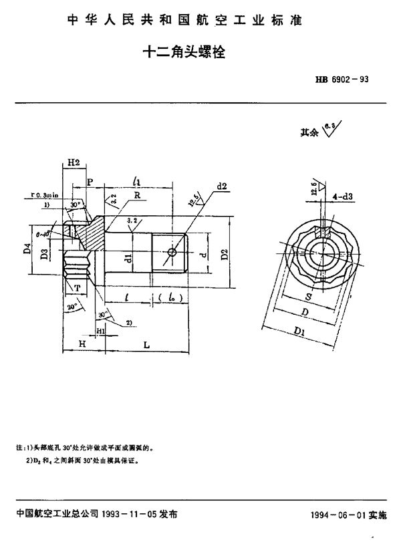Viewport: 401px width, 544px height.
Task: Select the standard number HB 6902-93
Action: coord(342,79)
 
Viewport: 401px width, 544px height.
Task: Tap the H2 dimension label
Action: coord(74,163)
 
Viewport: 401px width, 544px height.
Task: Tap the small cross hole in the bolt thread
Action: coord(174,252)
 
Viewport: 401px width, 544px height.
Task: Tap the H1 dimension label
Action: coord(100,331)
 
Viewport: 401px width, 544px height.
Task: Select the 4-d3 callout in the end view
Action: coord(344,196)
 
